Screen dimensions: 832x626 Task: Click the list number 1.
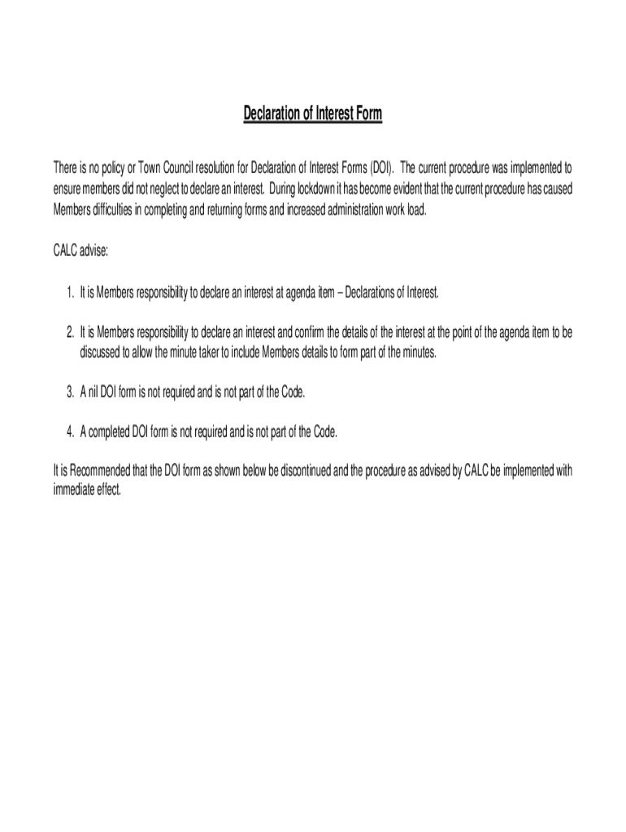71,292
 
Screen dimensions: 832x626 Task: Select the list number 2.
71,332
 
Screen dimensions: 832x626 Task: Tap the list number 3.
71,392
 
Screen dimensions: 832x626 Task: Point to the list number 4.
71,431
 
